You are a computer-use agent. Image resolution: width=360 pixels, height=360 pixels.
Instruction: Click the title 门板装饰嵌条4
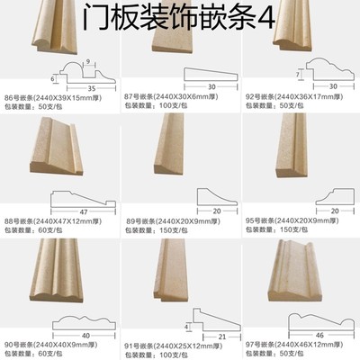point(180,16)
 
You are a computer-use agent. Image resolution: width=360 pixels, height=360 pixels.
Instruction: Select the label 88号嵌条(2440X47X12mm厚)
point(57,219)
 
